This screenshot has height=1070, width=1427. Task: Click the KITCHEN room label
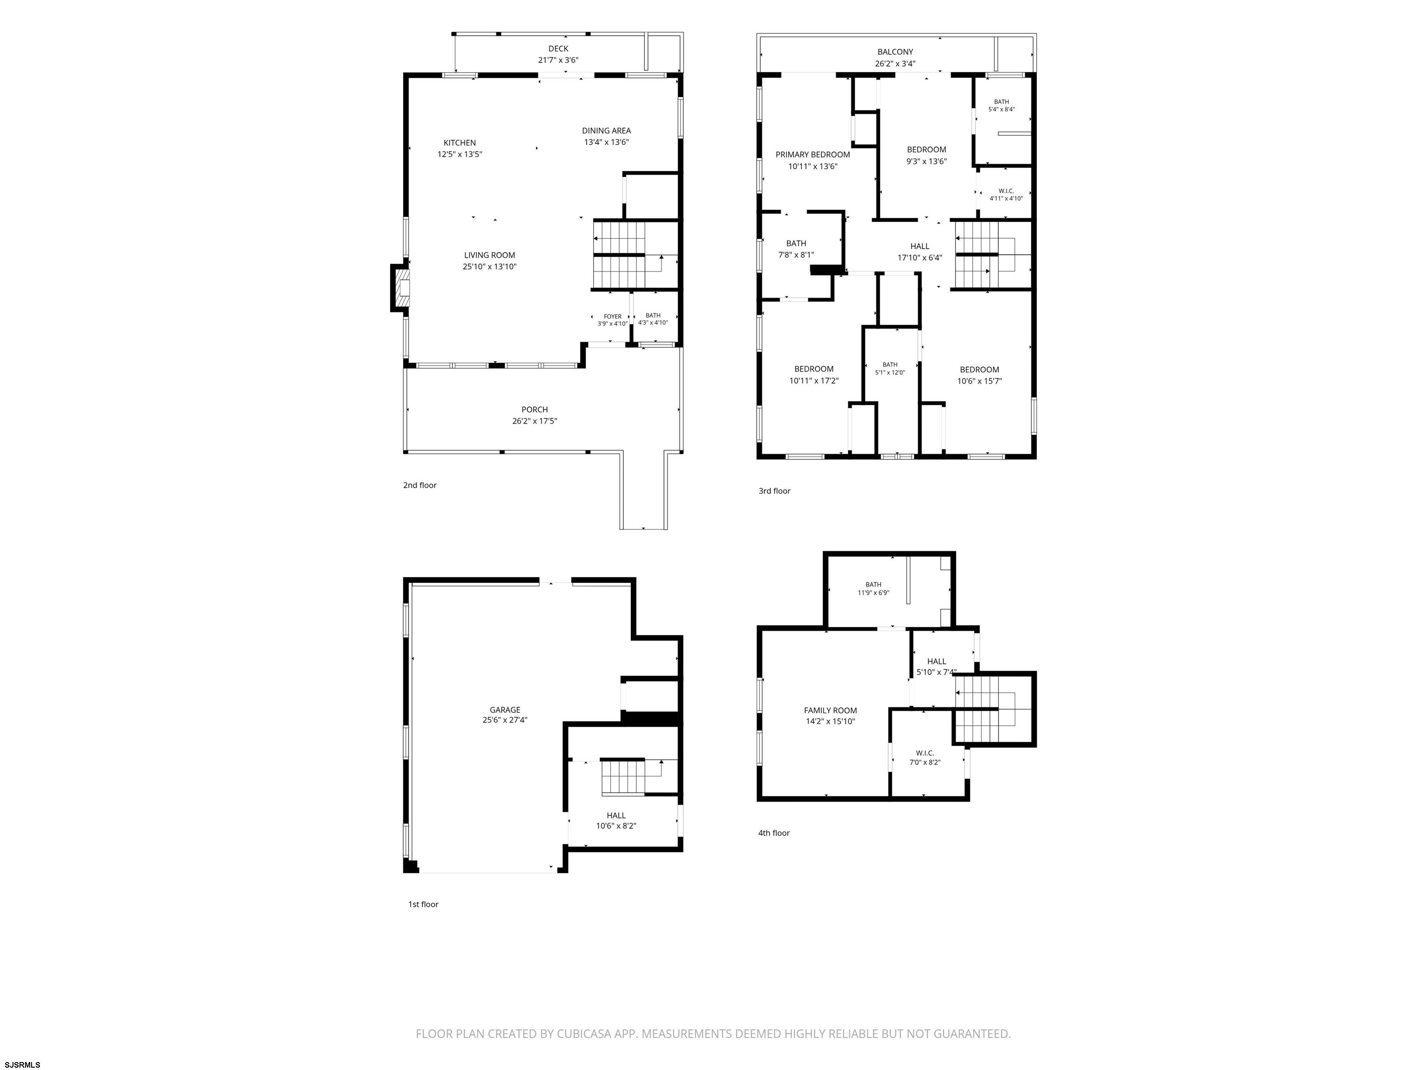point(459,143)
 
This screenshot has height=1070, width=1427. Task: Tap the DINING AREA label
point(606,131)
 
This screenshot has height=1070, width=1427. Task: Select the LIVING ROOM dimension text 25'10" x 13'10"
point(490,267)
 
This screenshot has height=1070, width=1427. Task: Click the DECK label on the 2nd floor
point(559,48)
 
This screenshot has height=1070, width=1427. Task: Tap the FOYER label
point(613,317)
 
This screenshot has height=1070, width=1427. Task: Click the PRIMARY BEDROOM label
point(813,155)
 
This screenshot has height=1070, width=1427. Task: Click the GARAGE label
point(505,710)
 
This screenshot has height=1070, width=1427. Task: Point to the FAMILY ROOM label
point(830,711)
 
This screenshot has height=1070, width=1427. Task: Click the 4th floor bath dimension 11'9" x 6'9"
point(873,593)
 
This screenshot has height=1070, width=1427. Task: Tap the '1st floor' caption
point(423,904)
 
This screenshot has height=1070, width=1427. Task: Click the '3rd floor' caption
point(774,491)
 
